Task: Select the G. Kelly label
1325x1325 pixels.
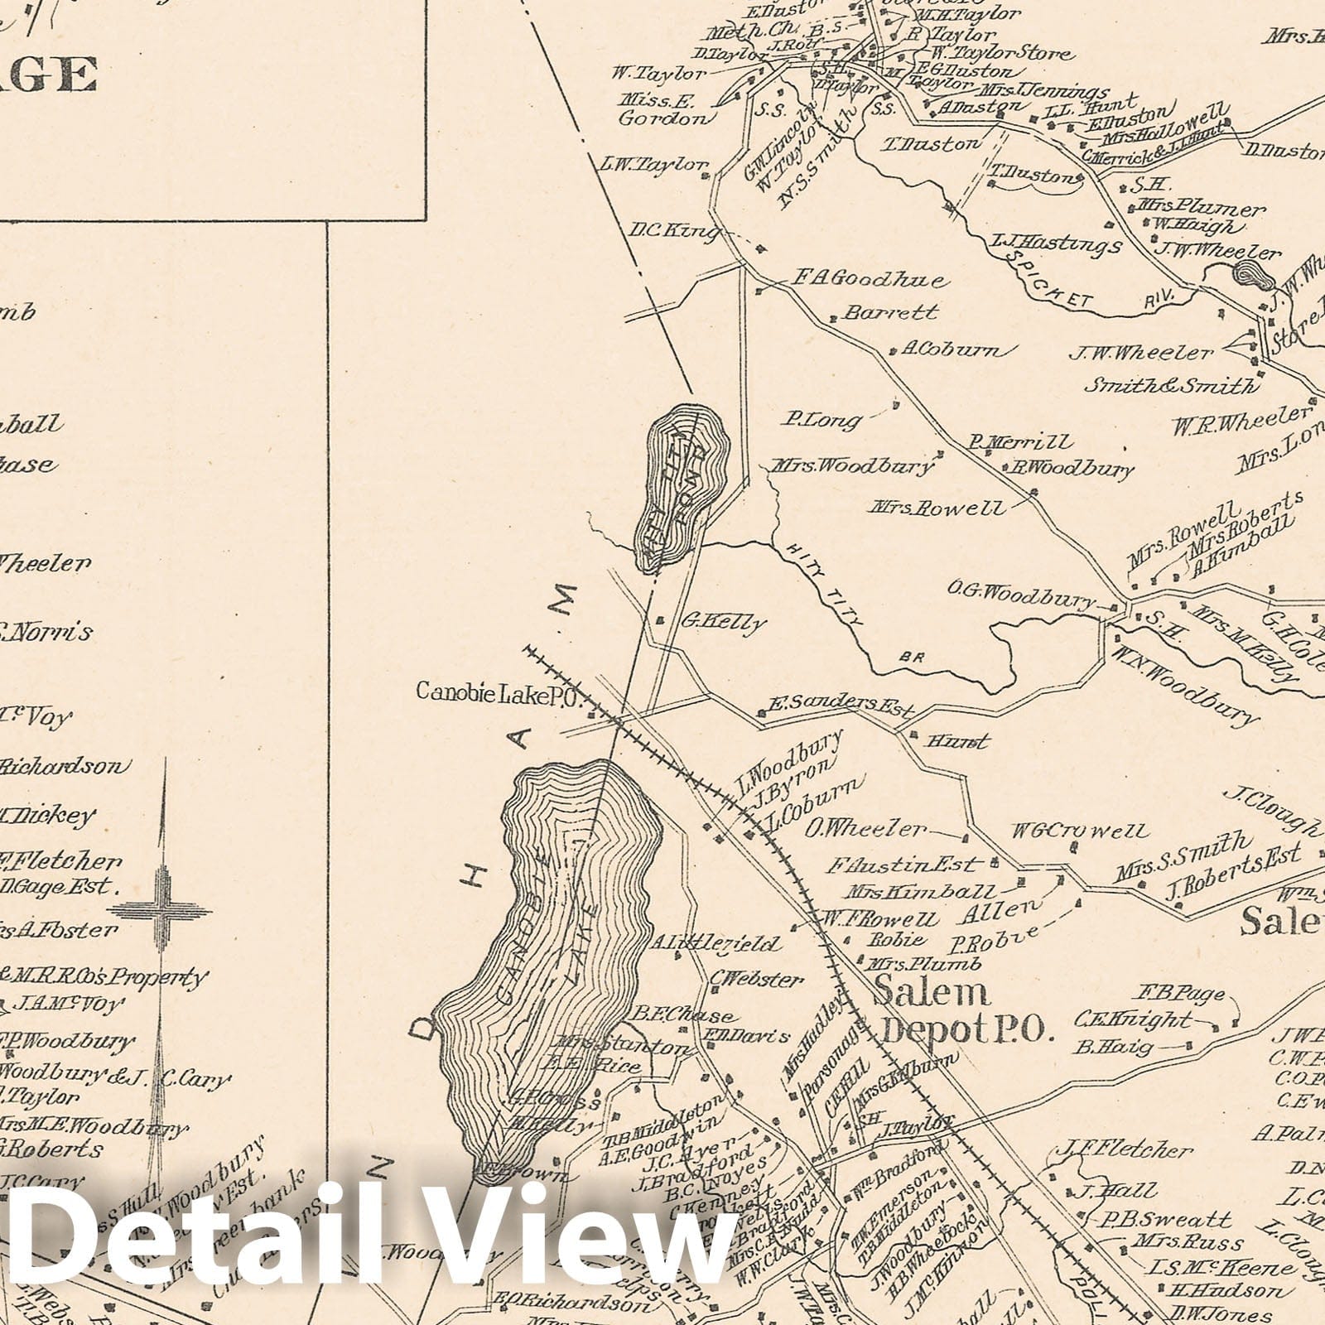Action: [721, 623]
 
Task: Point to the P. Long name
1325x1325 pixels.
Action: [822, 421]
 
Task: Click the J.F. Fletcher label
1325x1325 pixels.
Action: [1122, 1150]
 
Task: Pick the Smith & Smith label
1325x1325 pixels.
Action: [1170, 385]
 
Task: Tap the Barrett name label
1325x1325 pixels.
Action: [890, 313]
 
